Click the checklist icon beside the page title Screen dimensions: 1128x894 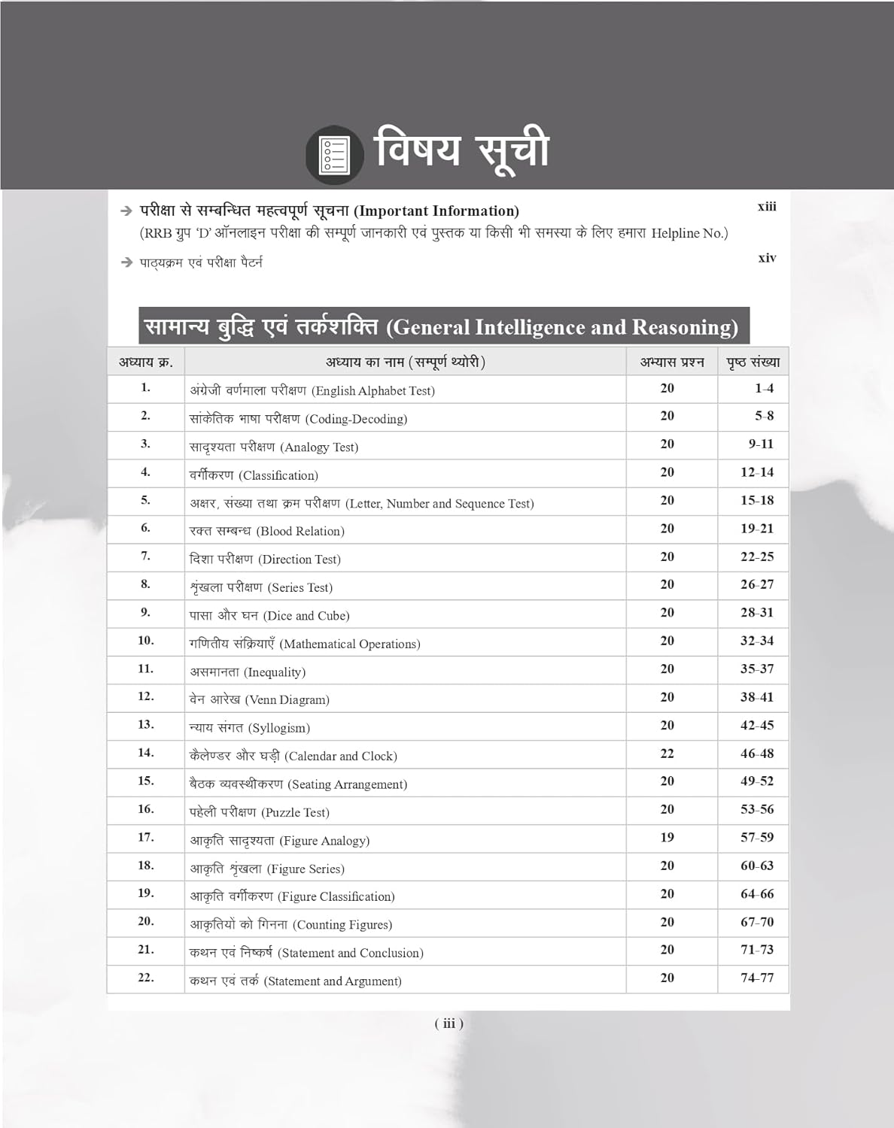(x=334, y=154)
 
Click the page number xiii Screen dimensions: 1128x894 (x=767, y=207)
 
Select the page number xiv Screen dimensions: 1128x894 (x=767, y=258)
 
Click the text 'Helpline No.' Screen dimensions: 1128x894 (x=688, y=233)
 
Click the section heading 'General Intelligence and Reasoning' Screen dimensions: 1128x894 (x=562, y=327)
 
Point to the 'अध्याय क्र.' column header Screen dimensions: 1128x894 (x=146, y=362)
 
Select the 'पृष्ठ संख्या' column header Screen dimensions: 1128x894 (x=753, y=362)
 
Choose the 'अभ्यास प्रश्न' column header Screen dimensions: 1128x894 (x=672, y=362)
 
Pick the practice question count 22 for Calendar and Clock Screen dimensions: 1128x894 (x=667, y=754)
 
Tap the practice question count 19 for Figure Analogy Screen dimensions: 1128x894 (x=667, y=838)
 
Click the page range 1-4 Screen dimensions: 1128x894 (x=764, y=389)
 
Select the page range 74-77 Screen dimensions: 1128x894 (x=756, y=978)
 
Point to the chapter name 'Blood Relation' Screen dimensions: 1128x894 (x=300, y=532)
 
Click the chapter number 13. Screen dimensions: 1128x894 (x=146, y=725)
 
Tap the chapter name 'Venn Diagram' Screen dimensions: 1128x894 (x=287, y=700)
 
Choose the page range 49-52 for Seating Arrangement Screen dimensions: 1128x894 (x=756, y=781)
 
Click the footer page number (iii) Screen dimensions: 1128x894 (x=449, y=1023)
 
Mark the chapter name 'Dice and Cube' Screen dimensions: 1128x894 (x=306, y=616)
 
